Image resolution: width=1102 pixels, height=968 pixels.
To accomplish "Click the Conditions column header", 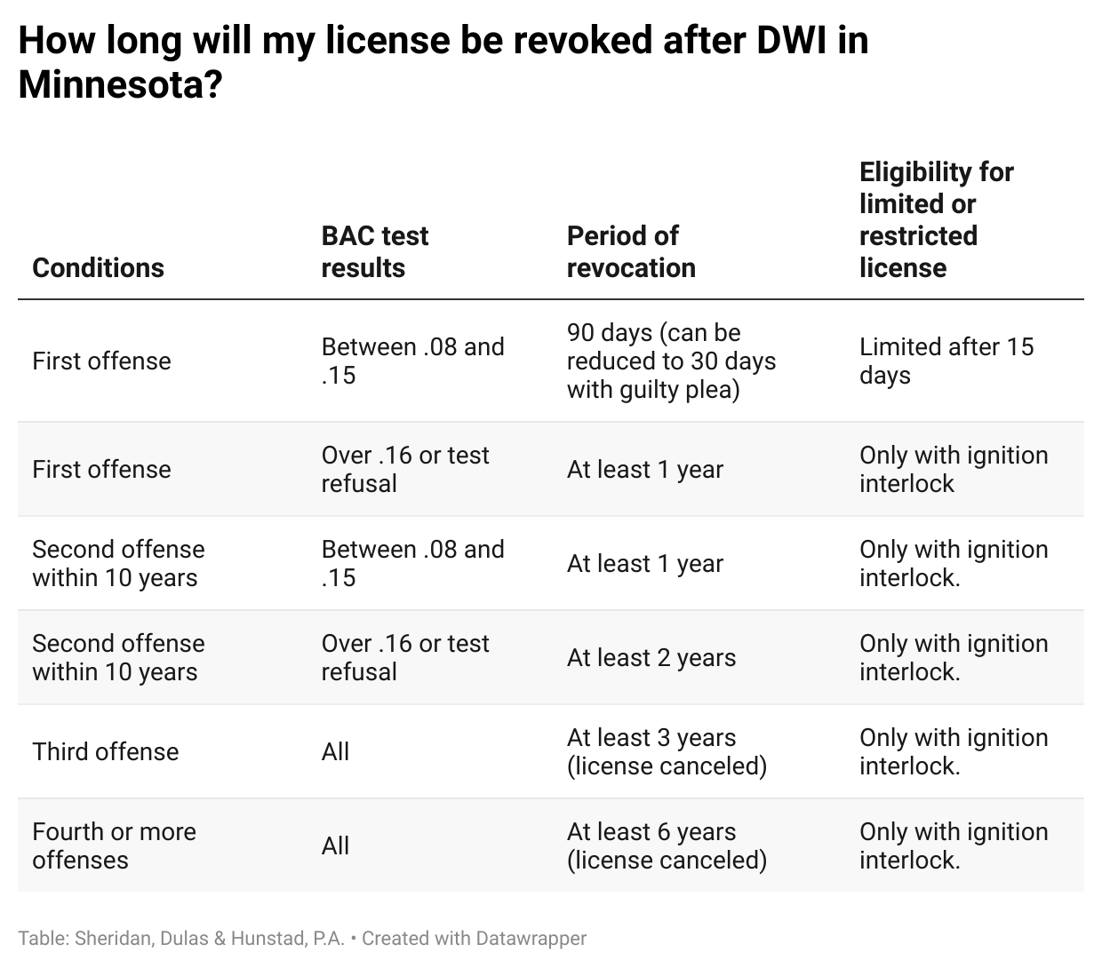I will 98,267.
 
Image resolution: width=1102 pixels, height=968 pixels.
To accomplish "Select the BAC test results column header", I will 374,251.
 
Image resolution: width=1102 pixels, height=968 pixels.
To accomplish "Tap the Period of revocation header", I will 630,251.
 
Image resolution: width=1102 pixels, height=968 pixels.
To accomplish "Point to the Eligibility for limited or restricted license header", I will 936,219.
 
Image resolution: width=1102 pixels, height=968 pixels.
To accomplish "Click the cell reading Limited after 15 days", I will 946,361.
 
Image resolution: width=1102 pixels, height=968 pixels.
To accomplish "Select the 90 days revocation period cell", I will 671,361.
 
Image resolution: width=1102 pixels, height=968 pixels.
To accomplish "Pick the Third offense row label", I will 105,751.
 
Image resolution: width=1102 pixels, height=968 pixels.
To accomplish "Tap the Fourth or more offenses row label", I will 114,845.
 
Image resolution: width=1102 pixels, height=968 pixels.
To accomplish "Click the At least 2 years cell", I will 651,657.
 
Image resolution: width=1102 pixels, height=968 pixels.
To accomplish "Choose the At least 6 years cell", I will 667,845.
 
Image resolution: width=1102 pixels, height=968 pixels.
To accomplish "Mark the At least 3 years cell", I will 667,751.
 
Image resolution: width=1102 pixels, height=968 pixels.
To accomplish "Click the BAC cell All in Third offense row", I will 335,751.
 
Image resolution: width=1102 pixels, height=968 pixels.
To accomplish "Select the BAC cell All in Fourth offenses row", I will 335,845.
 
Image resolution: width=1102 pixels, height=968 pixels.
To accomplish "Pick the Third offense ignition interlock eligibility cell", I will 953,751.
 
